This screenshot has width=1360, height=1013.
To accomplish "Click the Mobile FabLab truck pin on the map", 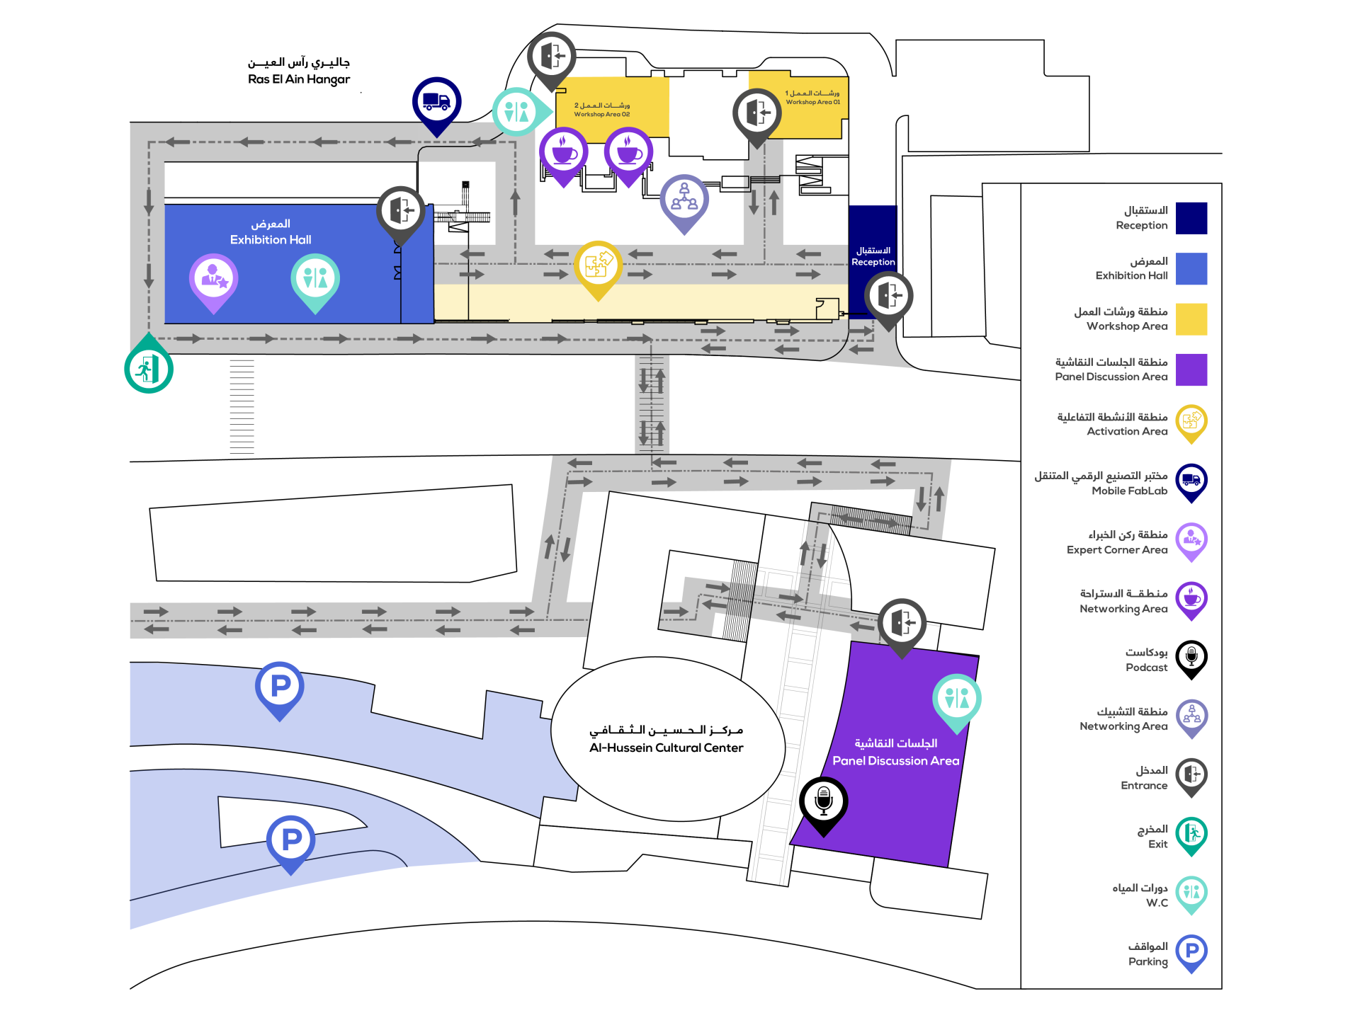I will click(x=436, y=102).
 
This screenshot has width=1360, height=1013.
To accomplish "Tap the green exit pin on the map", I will click(x=149, y=368).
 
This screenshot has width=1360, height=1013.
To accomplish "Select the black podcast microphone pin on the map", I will click(x=823, y=801).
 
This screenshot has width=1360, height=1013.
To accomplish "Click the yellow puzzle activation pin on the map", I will click(x=598, y=265).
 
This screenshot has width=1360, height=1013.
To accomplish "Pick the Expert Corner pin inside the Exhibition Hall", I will click(x=213, y=278).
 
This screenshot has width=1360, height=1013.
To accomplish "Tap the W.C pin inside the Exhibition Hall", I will click(x=315, y=278).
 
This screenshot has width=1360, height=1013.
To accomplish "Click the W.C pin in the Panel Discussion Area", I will click(x=956, y=699).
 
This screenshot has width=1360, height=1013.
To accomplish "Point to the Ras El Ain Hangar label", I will click(x=299, y=71).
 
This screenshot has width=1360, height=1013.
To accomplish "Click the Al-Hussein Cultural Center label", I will click(x=666, y=739).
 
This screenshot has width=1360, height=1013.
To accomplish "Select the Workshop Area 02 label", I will click(x=601, y=110).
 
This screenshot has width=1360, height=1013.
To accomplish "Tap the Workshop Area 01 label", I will click(x=812, y=98).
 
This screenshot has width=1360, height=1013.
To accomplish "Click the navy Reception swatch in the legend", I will click(x=1191, y=218).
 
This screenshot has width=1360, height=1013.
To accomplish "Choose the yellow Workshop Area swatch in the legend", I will click(x=1191, y=319).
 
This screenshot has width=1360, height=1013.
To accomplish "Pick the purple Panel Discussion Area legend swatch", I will click(x=1191, y=370).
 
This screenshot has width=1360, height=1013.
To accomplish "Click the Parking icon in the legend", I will click(x=1191, y=951).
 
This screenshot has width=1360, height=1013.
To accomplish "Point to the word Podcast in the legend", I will click(x=1146, y=668).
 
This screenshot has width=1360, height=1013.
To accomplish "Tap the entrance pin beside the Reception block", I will click(x=888, y=296).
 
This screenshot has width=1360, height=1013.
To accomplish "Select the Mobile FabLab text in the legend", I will click(x=1129, y=491).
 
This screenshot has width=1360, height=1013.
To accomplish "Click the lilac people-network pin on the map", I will click(x=684, y=199).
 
